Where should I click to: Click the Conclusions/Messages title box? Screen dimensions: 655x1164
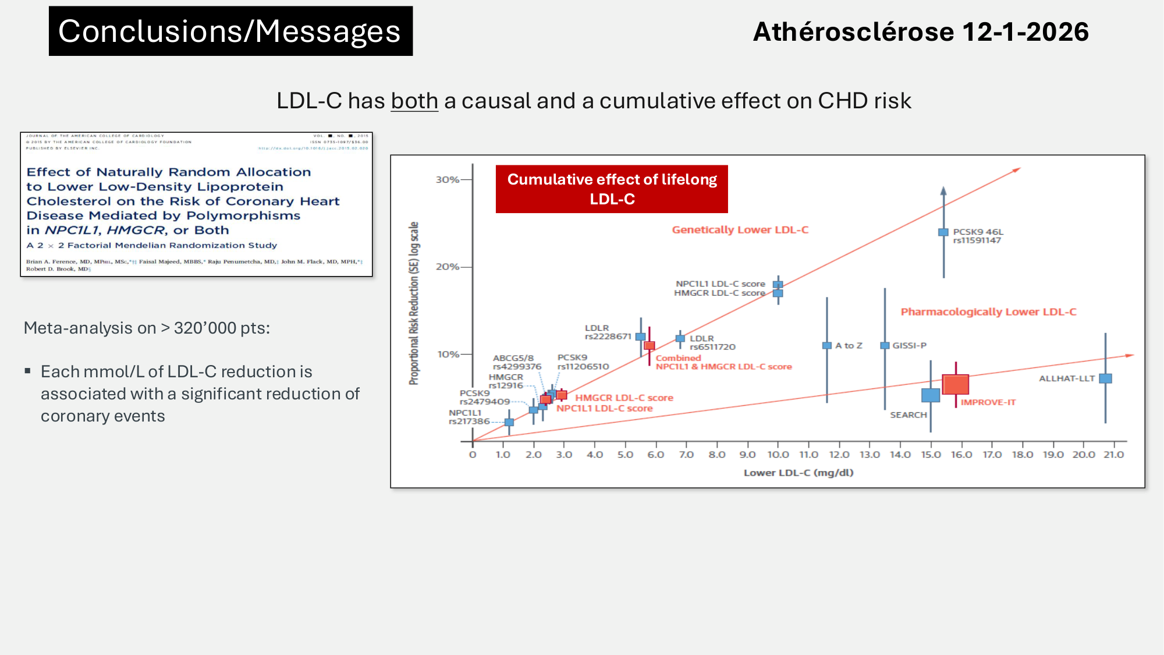230,31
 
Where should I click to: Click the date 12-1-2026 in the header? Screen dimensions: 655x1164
1025,31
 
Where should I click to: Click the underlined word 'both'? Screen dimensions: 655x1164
414,101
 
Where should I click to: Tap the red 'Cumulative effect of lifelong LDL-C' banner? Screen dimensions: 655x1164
612,189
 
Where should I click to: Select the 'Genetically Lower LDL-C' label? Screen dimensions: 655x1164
740,230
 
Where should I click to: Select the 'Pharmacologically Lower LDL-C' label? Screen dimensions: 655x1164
988,312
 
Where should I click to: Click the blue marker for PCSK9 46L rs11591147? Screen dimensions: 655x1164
943,232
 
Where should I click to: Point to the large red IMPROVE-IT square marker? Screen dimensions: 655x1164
955,384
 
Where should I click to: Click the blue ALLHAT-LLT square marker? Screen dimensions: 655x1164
1105,378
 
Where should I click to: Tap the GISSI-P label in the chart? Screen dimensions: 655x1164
909,345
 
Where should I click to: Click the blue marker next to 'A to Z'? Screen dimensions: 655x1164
826,345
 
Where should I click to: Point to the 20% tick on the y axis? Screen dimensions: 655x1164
448,267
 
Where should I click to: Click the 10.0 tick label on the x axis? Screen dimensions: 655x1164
778,455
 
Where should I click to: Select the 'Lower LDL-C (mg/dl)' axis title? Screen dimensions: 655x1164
799,473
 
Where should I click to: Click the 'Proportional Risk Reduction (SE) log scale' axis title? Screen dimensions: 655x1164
414,303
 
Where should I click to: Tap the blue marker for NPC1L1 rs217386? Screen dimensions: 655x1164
509,422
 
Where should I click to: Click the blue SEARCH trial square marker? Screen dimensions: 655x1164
931,395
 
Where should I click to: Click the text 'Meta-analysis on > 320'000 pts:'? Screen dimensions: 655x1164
147,328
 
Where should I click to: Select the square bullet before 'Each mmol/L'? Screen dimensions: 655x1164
27,371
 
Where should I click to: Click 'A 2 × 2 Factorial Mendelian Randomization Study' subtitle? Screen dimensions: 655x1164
152,246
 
